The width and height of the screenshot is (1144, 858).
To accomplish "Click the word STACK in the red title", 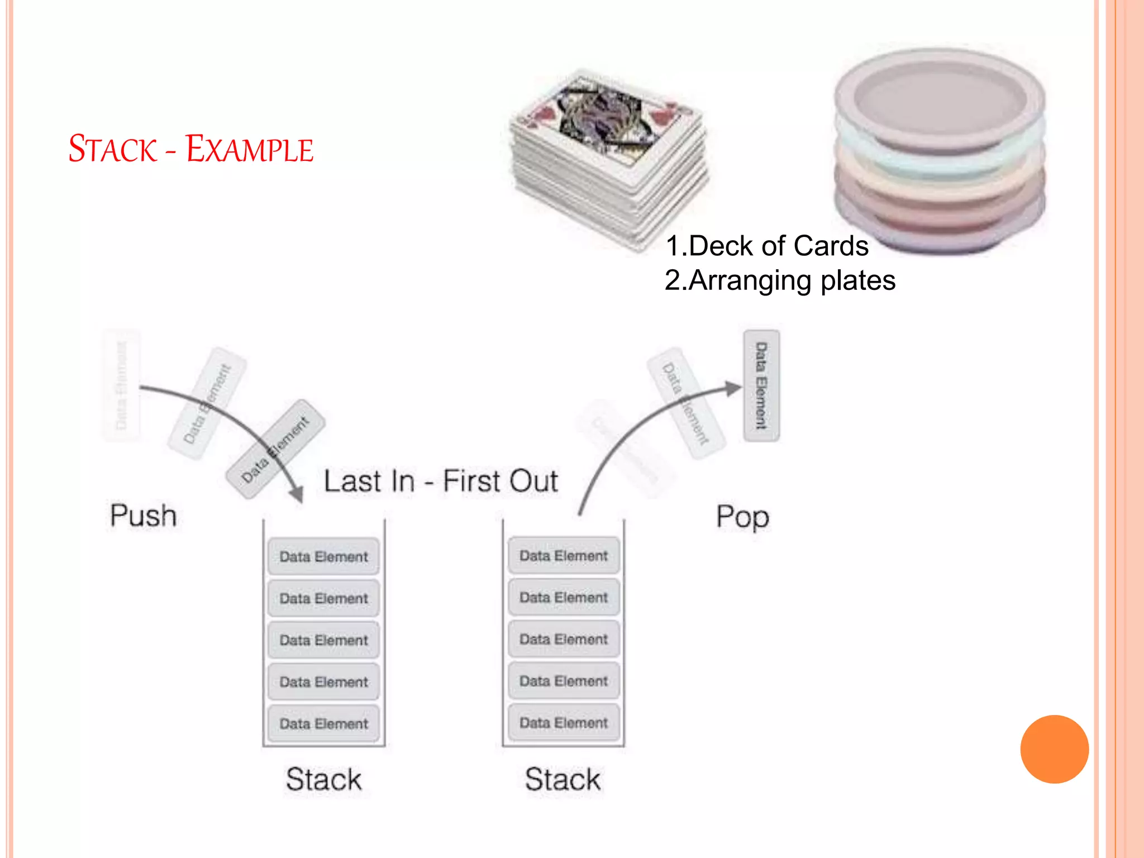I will click(112, 149).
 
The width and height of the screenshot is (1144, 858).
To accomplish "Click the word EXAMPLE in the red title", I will click(249, 149).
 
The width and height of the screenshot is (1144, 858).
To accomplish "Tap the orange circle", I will click(1054, 749).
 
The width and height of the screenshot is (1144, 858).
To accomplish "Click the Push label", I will click(143, 515).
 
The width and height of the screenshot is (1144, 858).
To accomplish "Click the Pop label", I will click(742, 517).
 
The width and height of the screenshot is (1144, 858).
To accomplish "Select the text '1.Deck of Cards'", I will click(766, 246).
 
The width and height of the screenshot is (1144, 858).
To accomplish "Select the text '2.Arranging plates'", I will click(780, 280).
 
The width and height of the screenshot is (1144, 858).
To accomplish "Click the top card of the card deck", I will click(606, 117).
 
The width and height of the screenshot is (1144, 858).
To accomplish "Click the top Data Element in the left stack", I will click(323, 556).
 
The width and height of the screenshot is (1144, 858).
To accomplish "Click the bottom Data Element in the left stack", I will click(323, 723).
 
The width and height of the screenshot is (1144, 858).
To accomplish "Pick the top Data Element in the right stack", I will click(563, 555).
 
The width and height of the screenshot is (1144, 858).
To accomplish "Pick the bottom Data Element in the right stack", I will click(563, 722).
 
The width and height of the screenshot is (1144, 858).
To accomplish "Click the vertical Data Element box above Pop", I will click(761, 385).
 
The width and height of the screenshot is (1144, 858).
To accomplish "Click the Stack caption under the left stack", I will click(323, 779).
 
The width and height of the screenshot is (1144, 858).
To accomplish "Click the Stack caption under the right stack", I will click(563, 779).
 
